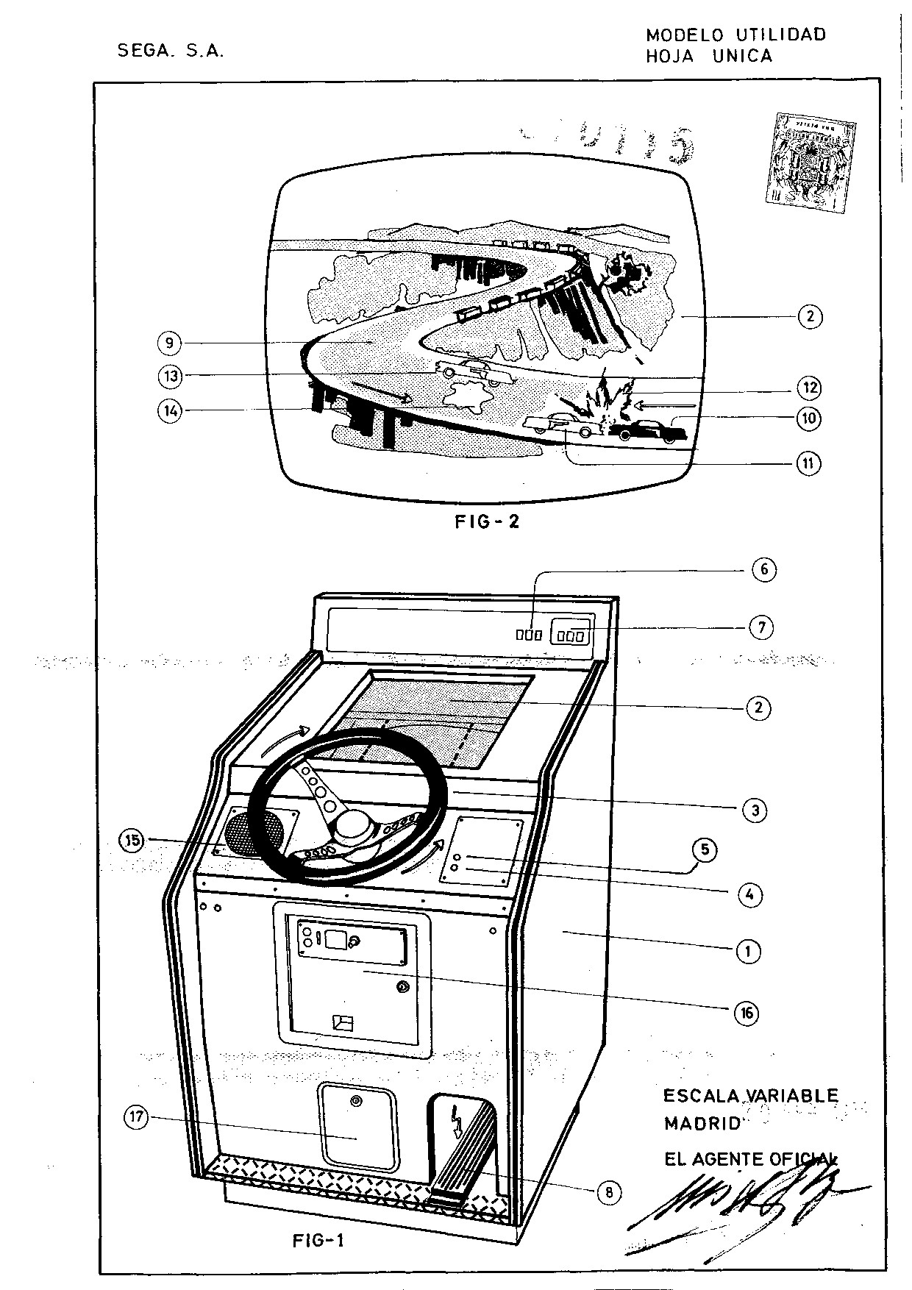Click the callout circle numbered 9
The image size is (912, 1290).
[169, 343]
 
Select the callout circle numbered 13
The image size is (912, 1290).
[169, 376]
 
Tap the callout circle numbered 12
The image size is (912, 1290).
[810, 388]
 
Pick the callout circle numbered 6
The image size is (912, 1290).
[764, 569]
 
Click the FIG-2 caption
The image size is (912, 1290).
[487, 522]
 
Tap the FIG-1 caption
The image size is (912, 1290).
[318, 1241]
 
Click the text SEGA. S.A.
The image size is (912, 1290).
[171, 51]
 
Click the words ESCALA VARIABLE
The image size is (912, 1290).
[750, 1096]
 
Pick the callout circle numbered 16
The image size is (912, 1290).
[747, 1013]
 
